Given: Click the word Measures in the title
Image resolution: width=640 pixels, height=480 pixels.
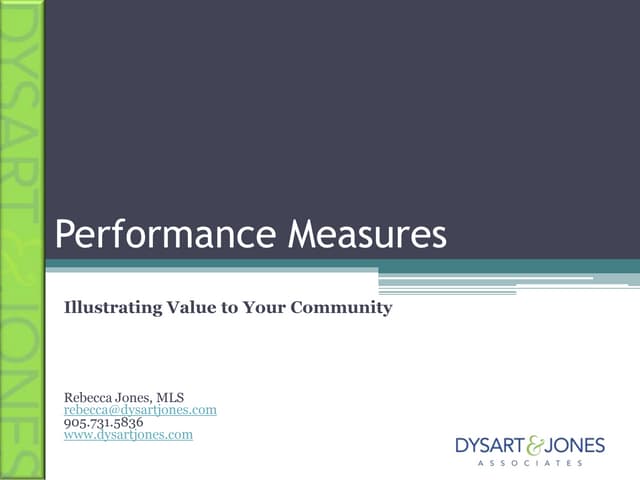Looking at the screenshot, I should click(367, 234).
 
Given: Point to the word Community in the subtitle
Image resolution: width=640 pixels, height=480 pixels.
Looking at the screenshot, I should click(341, 308).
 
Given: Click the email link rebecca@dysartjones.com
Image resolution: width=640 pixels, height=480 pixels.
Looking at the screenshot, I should click(140, 410).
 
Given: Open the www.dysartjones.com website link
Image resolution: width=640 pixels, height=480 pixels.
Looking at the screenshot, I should click(128, 435).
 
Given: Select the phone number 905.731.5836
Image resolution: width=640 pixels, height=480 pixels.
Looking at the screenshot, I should click(103, 423).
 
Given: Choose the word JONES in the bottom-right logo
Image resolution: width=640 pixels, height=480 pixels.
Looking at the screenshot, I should click(574, 445).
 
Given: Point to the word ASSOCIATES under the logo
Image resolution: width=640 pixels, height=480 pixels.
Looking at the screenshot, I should click(530, 464).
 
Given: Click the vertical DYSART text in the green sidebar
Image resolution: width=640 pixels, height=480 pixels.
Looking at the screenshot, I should click(22, 110).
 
